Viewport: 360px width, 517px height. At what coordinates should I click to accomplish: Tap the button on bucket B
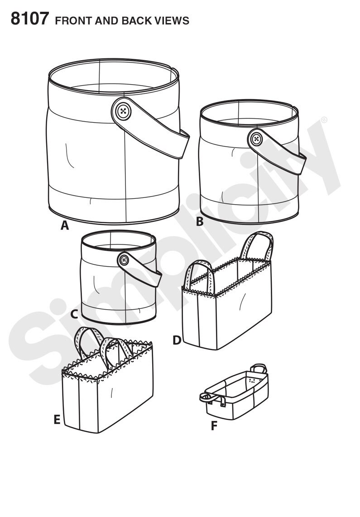pos(257,139)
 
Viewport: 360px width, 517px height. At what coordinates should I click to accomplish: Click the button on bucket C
pos(123,260)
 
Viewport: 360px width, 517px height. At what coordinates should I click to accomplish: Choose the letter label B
pos(199,222)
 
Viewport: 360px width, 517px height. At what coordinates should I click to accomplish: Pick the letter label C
pos(74,313)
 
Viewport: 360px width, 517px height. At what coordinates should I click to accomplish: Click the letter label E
pos(57,420)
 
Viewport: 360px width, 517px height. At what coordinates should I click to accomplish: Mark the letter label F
pos(214,426)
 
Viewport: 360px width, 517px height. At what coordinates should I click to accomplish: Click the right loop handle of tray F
pos(259,368)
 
